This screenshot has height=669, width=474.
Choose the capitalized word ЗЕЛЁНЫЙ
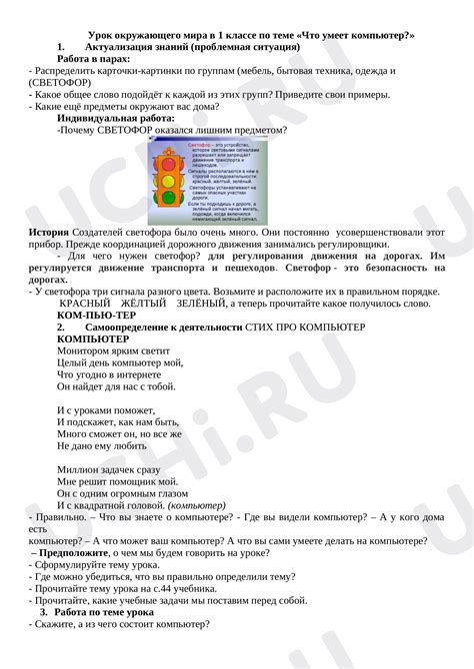[x=201, y=303]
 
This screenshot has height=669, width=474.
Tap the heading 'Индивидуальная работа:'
[x=117, y=118]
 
